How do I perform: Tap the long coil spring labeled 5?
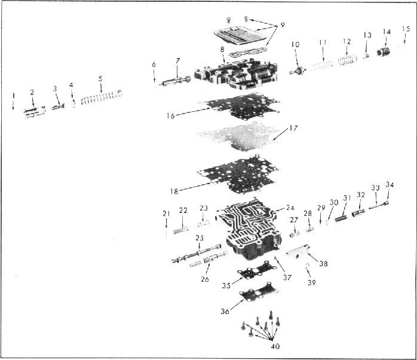102,96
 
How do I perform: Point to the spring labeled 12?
345,62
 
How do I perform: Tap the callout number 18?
173,191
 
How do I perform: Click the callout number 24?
290,208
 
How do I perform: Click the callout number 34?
390,185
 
